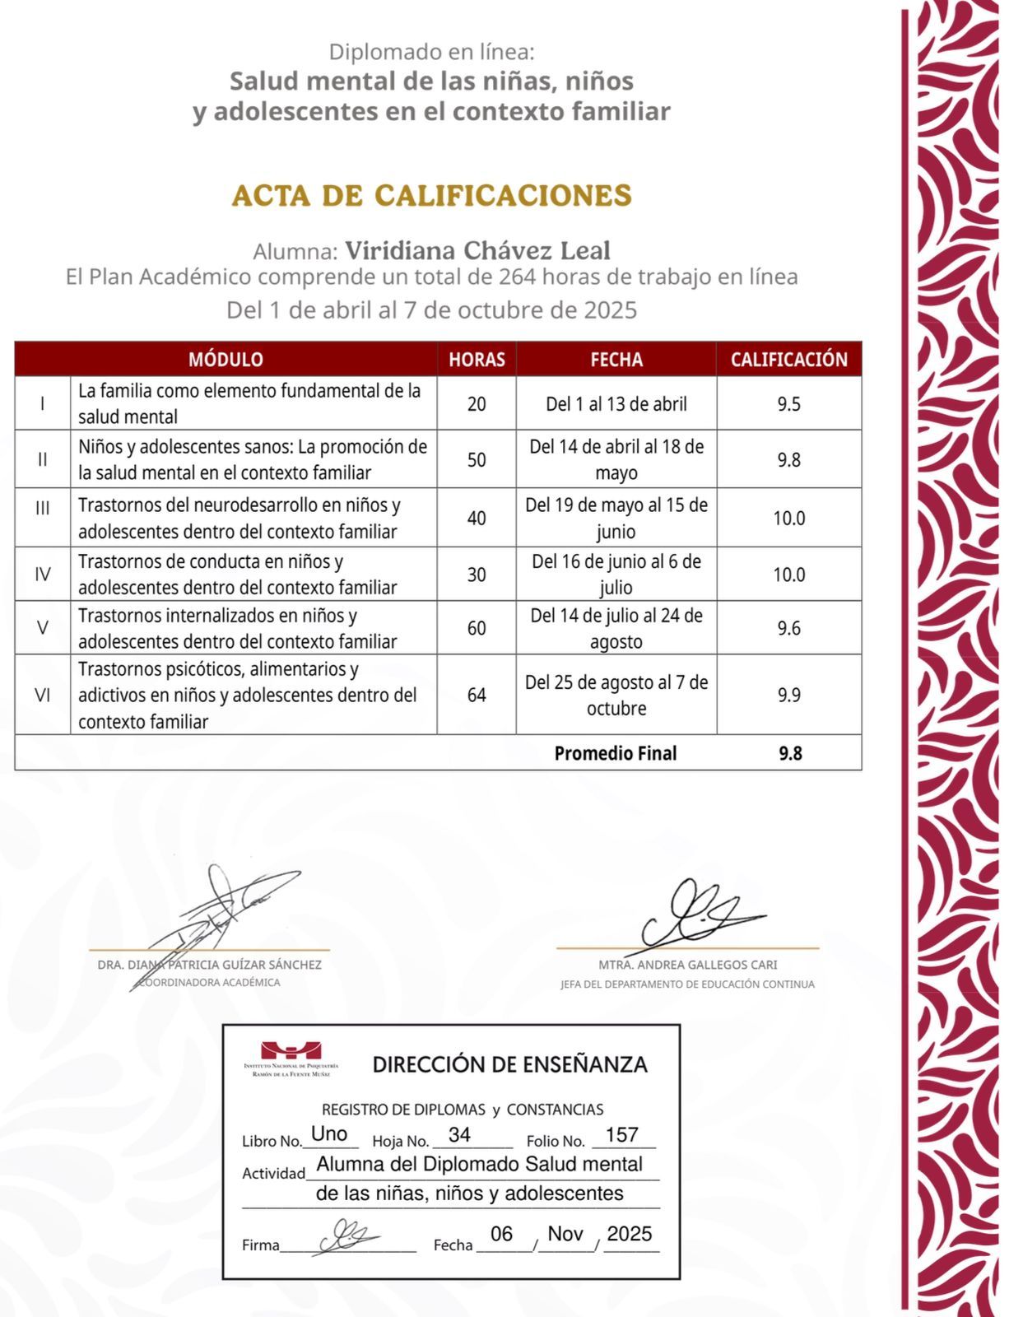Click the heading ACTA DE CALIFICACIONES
[x=431, y=196]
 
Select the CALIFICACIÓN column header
[x=788, y=360]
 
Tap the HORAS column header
[x=477, y=360]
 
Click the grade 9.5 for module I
[x=788, y=404]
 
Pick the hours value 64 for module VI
[x=477, y=696]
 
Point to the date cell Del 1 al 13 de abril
[x=616, y=404]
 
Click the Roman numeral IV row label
[x=43, y=575]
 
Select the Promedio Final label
[x=615, y=753]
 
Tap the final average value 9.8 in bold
[x=790, y=753]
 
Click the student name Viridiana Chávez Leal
[x=477, y=250]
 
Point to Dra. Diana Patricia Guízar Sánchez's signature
[x=218, y=918]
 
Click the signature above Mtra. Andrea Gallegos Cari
[x=700, y=914]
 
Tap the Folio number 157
[x=622, y=1135]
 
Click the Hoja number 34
[x=459, y=1135]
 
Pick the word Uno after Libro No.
[x=329, y=1133]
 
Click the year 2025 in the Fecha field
[x=630, y=1234]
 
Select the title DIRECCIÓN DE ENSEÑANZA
[x=509, y=1064]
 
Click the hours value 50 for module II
[x=477, y=460]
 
